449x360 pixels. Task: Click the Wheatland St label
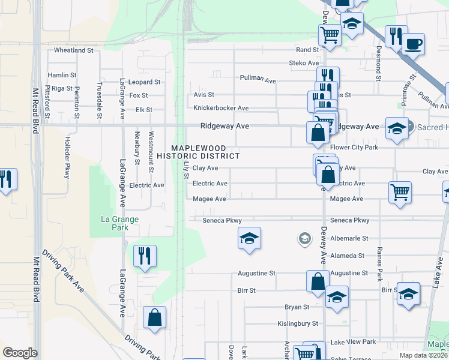pyautogui.click(x=73, y=50)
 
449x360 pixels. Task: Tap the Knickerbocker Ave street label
pyautogui.click(x=221, y=108)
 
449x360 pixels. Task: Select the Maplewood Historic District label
pyautogui.click(x=198, y=152)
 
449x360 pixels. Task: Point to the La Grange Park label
pyautogui.click(x=116, y=223)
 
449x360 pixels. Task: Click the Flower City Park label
pyautogui.click(x=354, y=147)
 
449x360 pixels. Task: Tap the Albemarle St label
pyautogui.click(x=348, y=238)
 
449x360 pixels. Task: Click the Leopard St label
pyautogui.click(x=145, y=82)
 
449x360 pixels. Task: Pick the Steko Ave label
pyautogui.click(x=304, y=62)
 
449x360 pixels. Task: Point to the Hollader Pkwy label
pyautogui.click(x=67, y=161)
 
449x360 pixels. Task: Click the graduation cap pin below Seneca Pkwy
pyautogui.click(x=249, y=238)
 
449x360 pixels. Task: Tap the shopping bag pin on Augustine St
pyautogui.click(x=318, y=281)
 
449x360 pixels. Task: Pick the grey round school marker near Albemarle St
pyautogui.click(x=304, y=239)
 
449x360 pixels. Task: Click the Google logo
pyautogui.click(x=20, y=353)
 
